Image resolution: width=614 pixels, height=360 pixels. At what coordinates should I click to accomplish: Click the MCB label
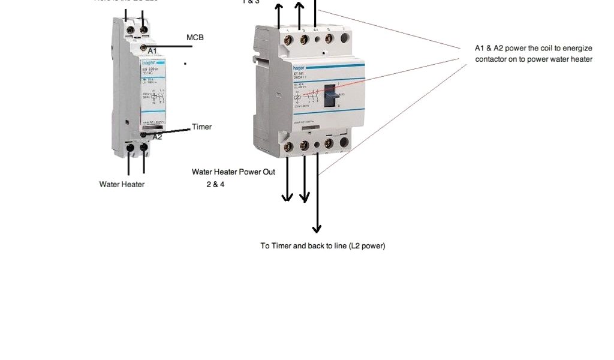point(195,37)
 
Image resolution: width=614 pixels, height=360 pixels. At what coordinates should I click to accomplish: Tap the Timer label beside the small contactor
point(201,127)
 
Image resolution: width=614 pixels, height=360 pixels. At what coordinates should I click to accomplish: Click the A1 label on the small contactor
point(152,52)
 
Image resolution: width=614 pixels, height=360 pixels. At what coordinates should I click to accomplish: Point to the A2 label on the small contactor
point(157,137)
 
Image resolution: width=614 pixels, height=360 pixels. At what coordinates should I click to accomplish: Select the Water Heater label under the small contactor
point(122,184)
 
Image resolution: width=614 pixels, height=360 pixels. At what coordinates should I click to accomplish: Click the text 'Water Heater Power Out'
point(233,172)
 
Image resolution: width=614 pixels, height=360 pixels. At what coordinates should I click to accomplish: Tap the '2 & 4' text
point(215,184)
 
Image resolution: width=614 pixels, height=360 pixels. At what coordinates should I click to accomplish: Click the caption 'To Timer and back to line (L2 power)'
point(323,246)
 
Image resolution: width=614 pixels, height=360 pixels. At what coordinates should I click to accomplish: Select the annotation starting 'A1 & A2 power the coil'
point(533,53)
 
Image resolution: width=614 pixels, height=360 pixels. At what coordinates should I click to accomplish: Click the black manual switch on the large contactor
point(330,95)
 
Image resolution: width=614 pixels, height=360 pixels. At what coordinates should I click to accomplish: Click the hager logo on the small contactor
point(148,62)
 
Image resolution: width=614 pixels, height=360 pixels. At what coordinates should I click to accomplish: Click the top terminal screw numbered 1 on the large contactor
point(289,40)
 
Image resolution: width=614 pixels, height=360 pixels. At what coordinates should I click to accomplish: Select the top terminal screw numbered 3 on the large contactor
point(304,40)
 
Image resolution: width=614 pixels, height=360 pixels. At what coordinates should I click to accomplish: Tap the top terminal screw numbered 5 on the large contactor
point(329,40)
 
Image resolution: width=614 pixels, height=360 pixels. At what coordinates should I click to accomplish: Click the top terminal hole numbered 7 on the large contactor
point(344,39)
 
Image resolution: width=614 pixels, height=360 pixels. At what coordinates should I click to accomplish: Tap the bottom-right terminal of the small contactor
point(144,146)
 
